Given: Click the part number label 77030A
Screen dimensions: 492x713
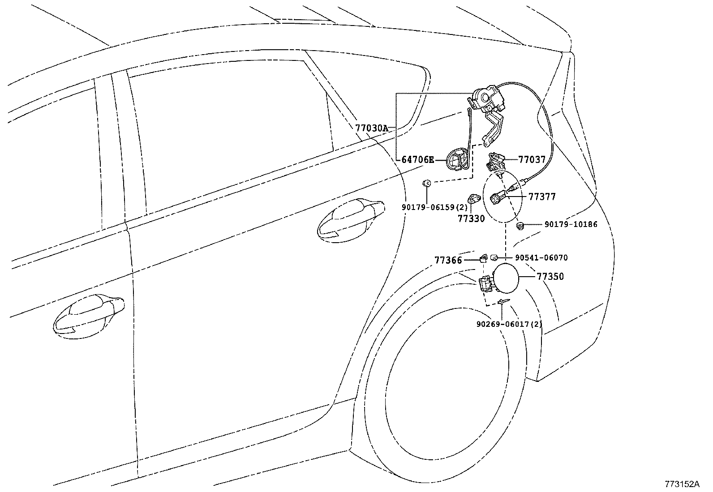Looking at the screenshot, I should [x=372, y=128].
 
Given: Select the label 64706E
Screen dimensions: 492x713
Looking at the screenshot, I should [x=417, y=159].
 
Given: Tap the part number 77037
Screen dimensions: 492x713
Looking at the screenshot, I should [x=532, y=159].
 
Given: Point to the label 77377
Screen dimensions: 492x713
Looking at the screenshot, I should [x=542, y=197].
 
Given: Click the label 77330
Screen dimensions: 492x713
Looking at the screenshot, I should [x=471, y=218].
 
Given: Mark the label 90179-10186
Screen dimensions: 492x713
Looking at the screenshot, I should [x=571, y=224].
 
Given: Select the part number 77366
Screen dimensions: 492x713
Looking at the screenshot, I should [x=448, y=260].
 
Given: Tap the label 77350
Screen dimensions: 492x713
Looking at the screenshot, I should [x=550, y=277].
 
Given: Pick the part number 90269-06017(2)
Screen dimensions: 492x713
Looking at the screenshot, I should [x=509, y=324].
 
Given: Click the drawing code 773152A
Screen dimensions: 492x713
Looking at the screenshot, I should [x=682, y=484].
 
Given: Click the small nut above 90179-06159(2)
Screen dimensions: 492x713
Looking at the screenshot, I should [x=427, y=183].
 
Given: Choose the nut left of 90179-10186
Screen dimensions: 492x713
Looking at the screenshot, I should [x=520, y=226].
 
